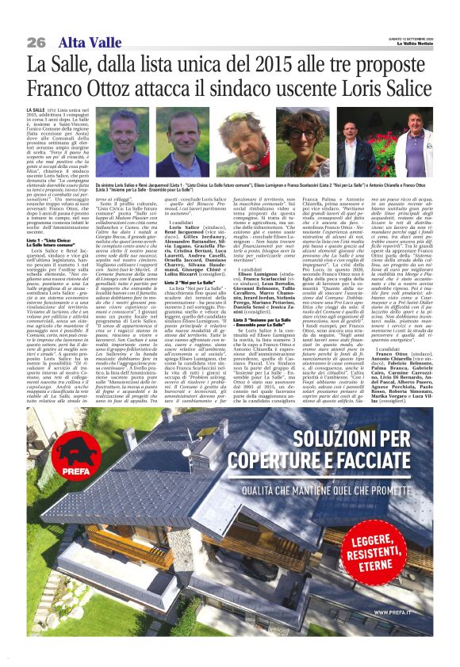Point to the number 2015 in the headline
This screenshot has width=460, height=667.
click(265, 63)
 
